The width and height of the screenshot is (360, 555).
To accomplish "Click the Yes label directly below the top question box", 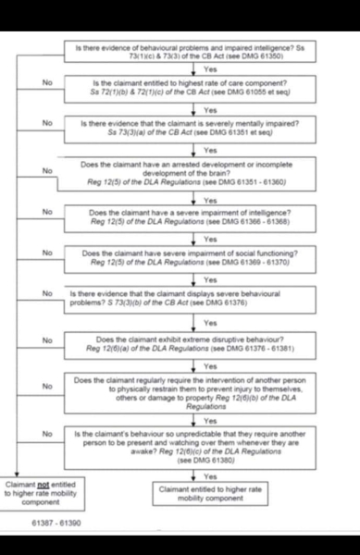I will pyautogui.click(x=209, y=68).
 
